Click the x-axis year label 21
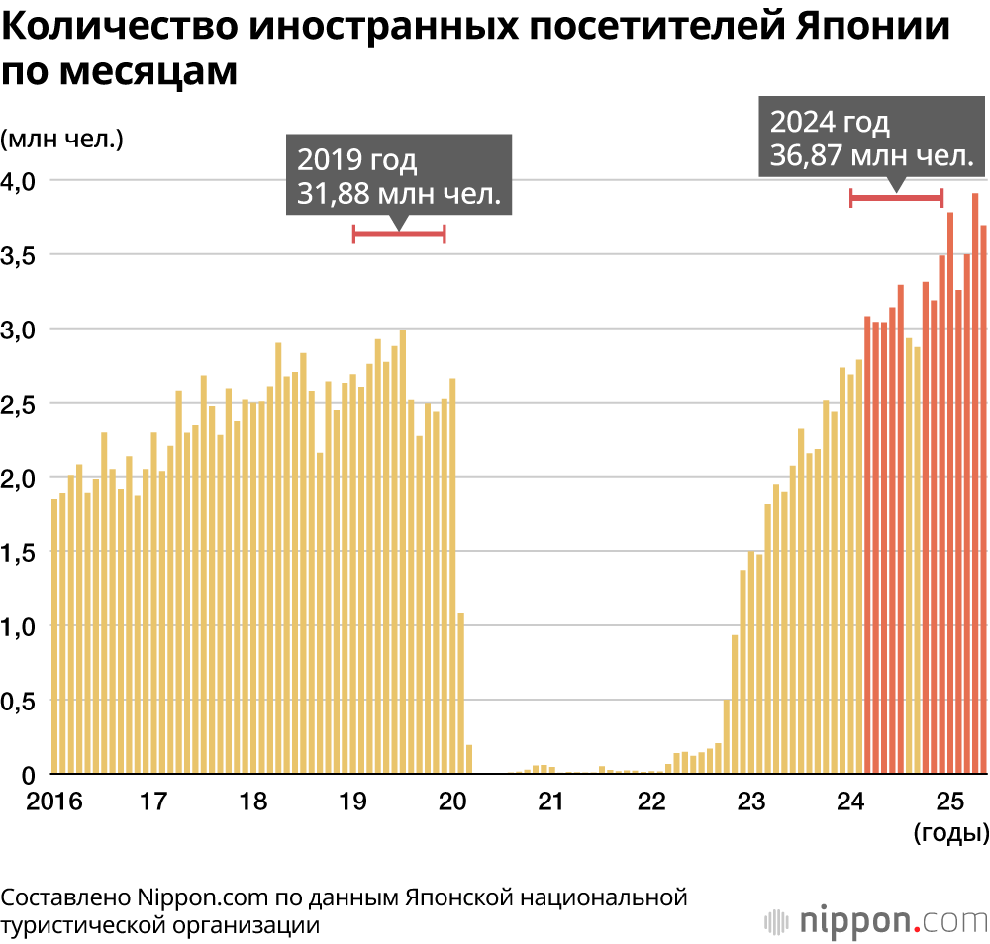click(550, 801)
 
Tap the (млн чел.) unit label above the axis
click(61, 139)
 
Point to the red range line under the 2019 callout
click(399, 234)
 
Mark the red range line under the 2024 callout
click(897, 198)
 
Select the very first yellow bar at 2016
click(54, 636)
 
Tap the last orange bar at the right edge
click(984, 500)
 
